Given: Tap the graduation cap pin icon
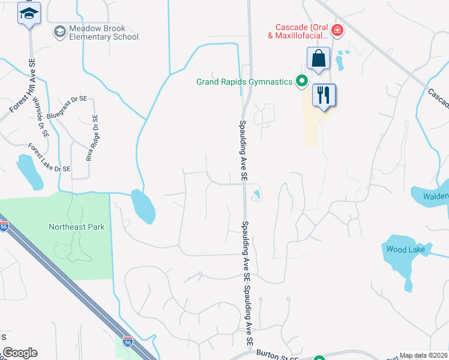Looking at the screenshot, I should coord(28,13).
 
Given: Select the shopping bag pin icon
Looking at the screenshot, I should coord(318,59).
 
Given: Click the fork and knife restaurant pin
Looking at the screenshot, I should coord(324,95).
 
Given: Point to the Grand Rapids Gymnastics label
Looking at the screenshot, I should coord(244,82).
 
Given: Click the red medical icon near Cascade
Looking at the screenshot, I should coord(337,29).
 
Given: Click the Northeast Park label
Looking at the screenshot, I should coord(76,227).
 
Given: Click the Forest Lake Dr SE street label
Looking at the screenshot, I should coord(49,157).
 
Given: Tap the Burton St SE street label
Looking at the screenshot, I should coord(277,356).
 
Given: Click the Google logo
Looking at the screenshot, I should coord(19,353).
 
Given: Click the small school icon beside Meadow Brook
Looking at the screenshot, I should coord(59,31).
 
